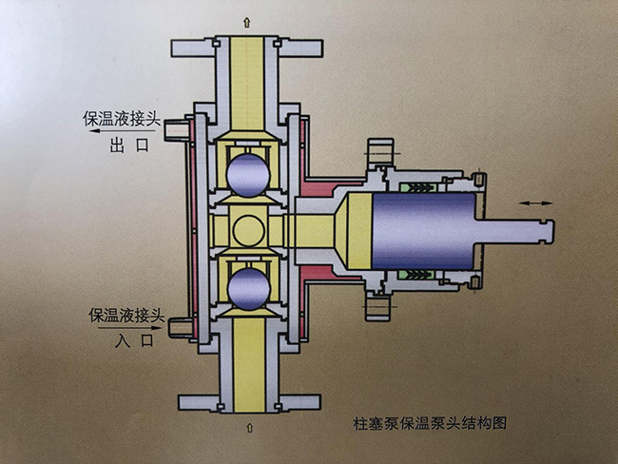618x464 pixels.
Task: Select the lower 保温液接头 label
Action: pos(127,314)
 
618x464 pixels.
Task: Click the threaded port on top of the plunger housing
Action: pos(379,151)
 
